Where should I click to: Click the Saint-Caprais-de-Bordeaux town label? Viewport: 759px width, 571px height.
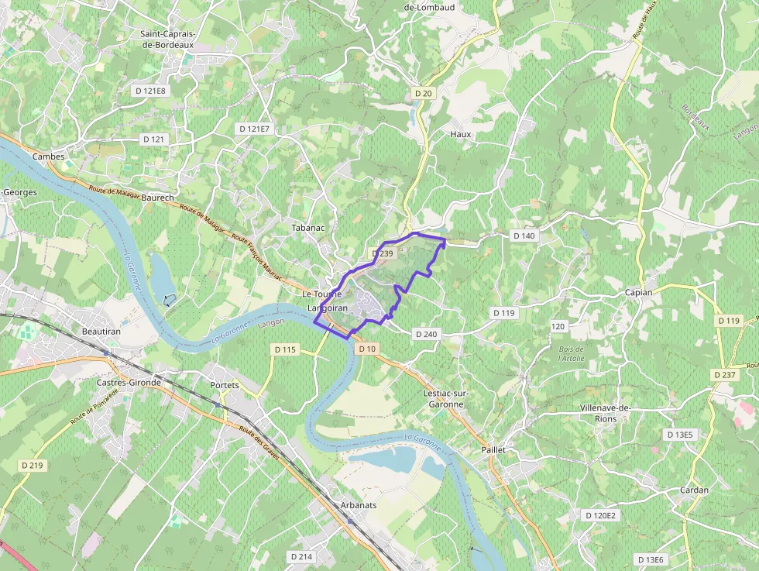167,39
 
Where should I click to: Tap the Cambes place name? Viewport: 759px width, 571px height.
48,157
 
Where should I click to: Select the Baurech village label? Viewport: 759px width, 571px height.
158,198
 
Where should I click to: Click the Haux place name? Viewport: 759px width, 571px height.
460,134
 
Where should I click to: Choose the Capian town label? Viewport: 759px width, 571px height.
639,292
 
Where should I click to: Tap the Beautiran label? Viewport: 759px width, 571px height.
101,332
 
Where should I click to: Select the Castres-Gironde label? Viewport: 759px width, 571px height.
129,383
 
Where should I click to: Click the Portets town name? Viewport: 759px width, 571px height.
225,385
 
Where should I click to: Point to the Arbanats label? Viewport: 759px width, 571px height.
359,505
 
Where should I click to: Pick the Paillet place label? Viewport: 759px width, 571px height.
493,449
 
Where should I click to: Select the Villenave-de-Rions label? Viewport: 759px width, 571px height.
606,413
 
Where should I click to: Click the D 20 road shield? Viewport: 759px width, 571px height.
423,93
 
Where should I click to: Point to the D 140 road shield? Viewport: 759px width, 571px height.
524,236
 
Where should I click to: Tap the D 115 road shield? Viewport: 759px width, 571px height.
285,349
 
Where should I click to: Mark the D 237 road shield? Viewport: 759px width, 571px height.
724,375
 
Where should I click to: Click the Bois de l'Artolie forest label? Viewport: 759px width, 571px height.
571,354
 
